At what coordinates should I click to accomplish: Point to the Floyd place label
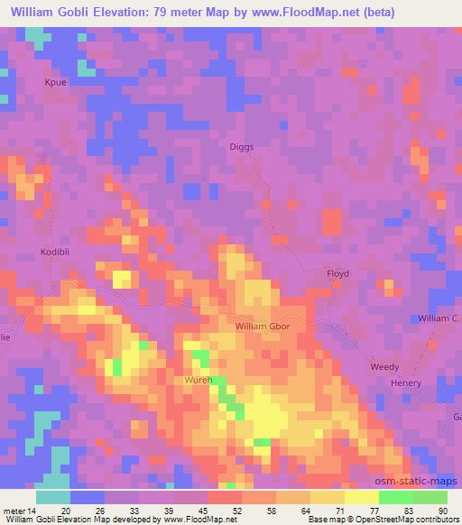click(337, 273)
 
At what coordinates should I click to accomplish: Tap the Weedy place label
click(384, 367)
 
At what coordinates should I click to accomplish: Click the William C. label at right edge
click(439, 318)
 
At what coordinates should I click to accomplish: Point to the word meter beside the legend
click(14, 510)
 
